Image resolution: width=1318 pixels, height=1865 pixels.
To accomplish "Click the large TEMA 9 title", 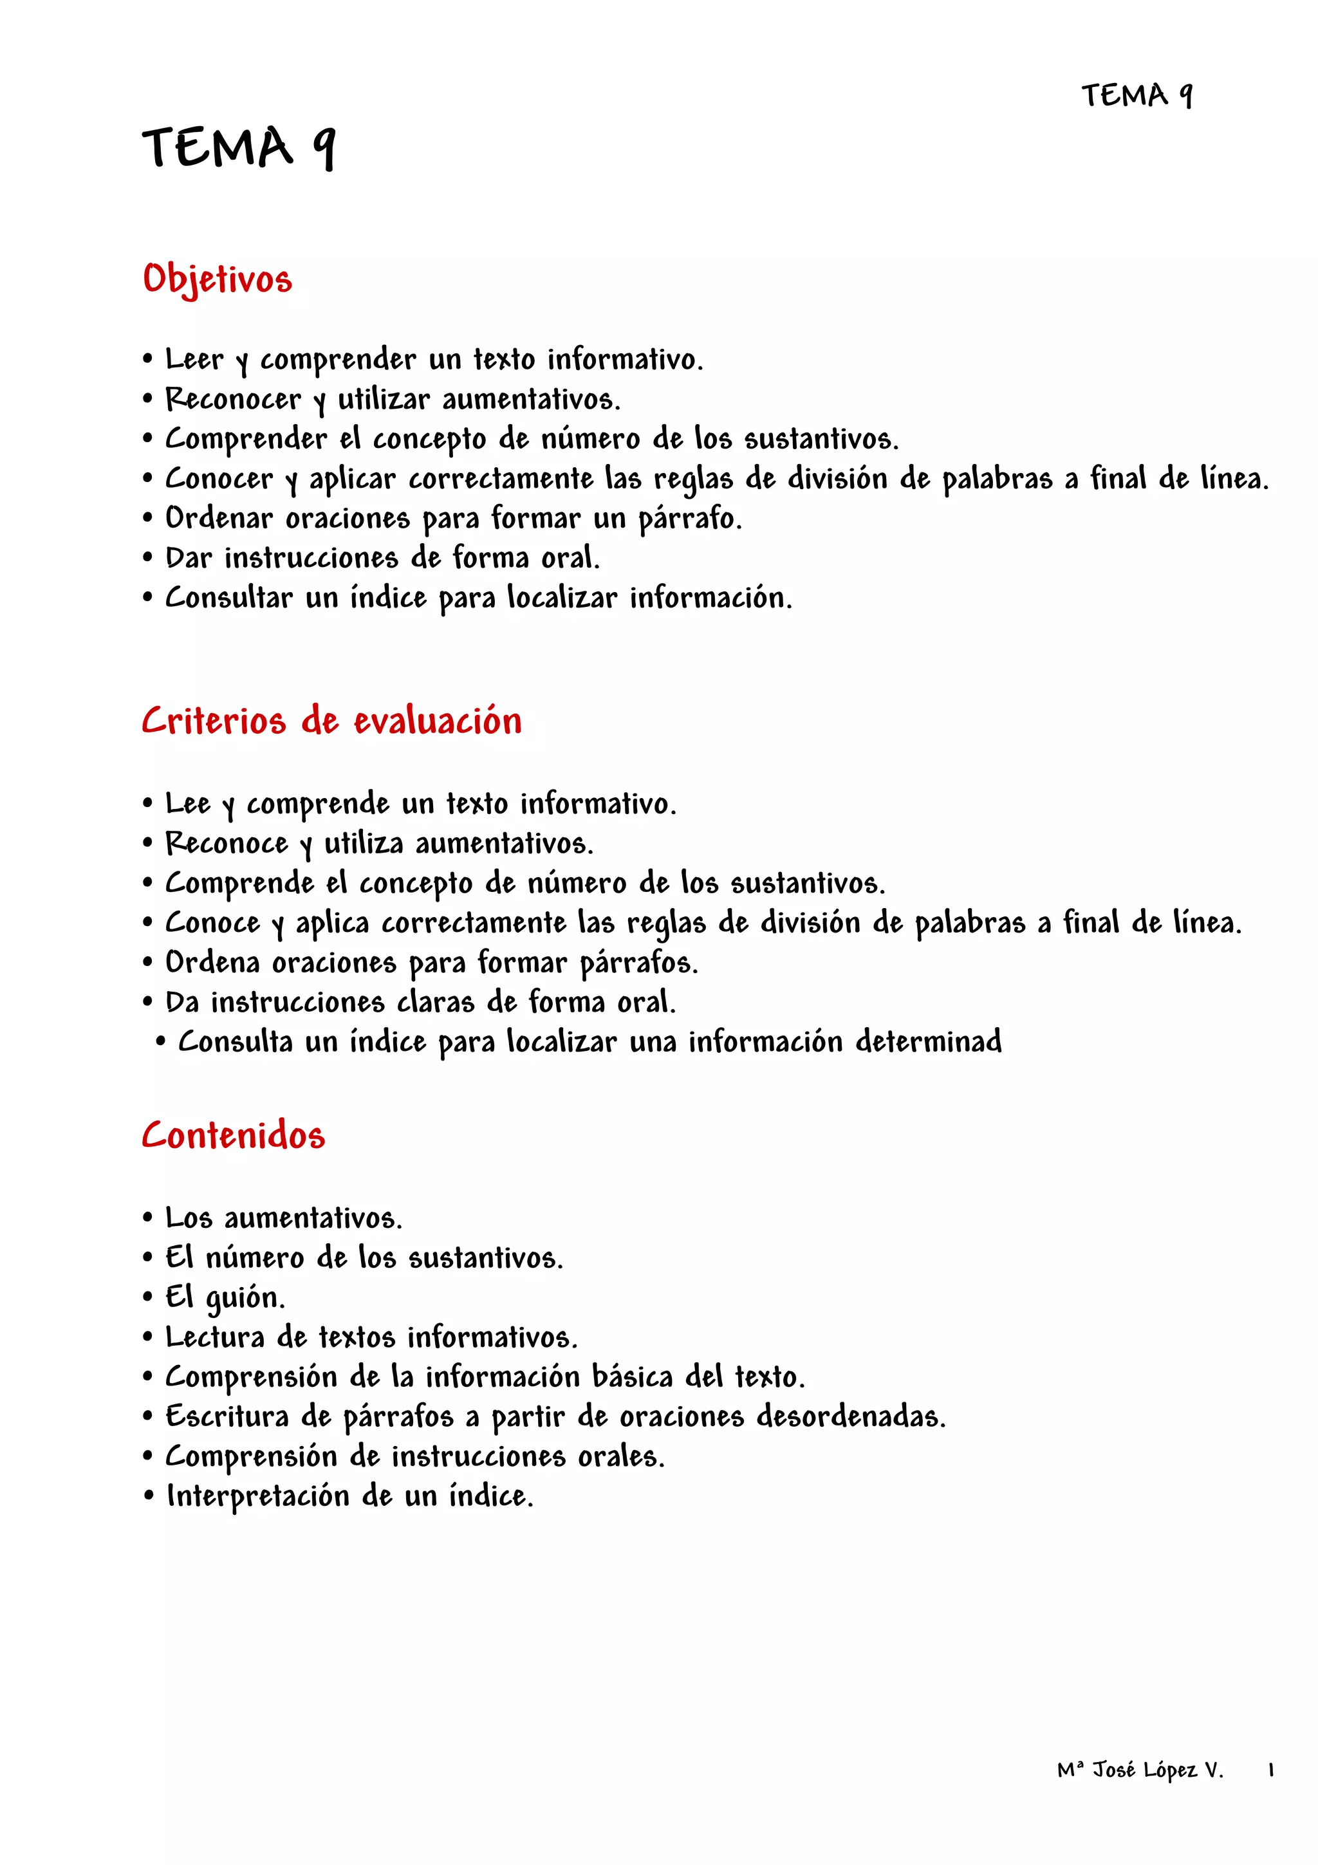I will (x=239, y=148).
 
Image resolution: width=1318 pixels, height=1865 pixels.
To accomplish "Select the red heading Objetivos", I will (x=217, y=279).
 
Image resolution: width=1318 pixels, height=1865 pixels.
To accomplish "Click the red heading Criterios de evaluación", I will (x=331, y=721).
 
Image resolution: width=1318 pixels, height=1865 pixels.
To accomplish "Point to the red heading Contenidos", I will (x=233, y=1135).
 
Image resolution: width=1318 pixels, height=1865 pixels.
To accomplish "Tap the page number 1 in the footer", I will (x=1270, y=1770).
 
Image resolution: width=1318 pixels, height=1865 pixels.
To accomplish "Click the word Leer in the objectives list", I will (x=194, y=359).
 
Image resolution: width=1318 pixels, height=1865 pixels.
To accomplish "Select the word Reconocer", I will (x=233, y=399).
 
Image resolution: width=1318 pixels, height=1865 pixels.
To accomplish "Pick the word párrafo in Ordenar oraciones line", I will (x=689, y=518).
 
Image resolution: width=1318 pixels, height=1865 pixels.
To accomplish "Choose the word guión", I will (x=245, y=1297).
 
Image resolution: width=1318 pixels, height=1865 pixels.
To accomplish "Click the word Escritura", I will (x=227, y=1416).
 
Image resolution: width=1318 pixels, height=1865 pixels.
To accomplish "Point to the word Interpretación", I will (x=257, y=1496).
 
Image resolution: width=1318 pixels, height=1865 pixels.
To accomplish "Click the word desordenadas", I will (x=851, y=1416).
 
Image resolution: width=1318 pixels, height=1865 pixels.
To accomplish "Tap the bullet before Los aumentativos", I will (x=148, y=1218).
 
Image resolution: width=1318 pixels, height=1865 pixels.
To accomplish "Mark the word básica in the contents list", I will (x=633, y=1377).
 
